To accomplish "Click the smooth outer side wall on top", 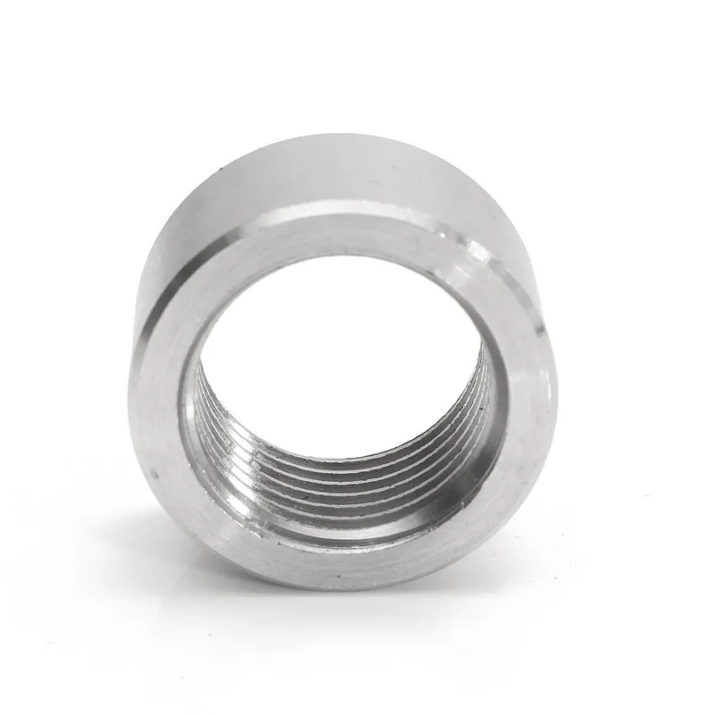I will (x=339, y=170).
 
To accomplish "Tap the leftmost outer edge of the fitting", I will (x=134, y=357).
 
